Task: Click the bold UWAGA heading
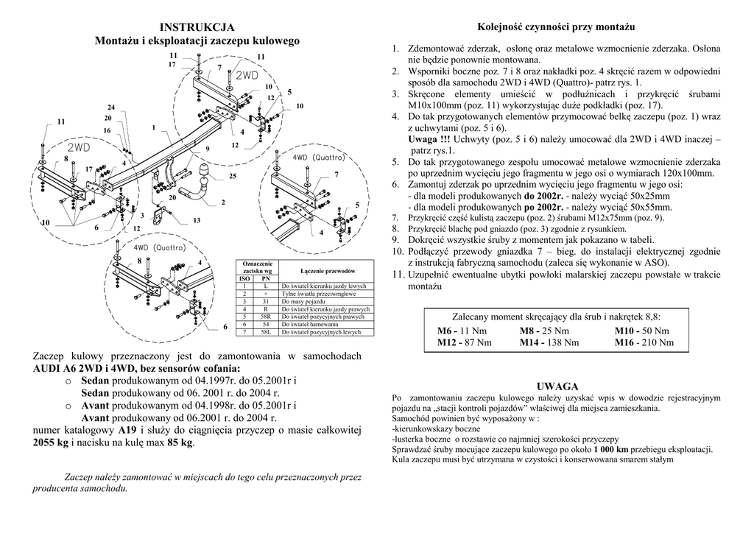[557, 386]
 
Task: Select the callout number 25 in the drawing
[233, 177]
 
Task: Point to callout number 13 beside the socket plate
[197, 220]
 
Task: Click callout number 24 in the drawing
[111, 107]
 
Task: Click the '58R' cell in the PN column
[266, 317]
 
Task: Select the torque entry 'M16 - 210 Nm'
[644, 342]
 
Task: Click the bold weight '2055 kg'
[51, 442]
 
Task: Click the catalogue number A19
[127, 430]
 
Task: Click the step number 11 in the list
[398, 275]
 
